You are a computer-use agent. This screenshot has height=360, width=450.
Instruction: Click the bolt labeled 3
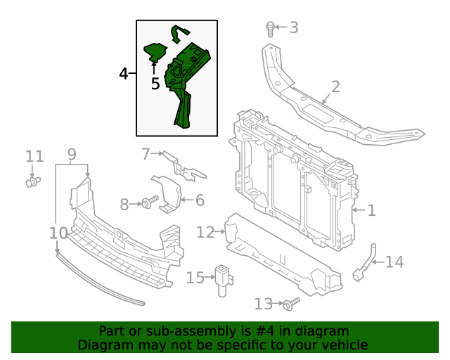click(x=270, y=29)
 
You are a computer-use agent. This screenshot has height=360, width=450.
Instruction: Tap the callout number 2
click(x=335, y=87)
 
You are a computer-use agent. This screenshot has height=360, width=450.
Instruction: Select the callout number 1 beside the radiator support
click(x=371, y=210)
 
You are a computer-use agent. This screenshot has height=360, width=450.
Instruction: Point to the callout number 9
click(x=72, y=155)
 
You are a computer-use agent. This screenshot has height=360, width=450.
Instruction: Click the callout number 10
click(x=58, y=233)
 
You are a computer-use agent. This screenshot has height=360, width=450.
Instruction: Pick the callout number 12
click(x=205, y=232)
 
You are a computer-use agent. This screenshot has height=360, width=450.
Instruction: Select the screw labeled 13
click(x=290, y=303)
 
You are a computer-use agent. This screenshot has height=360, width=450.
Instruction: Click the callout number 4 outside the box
click(x=123, y=74)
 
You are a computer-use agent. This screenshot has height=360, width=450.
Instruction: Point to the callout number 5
click(x=155, y=84)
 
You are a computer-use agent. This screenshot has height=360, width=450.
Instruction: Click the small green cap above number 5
click(x=154, y=51)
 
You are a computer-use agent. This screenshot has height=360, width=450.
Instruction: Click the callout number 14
click(x=394, y=262)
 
